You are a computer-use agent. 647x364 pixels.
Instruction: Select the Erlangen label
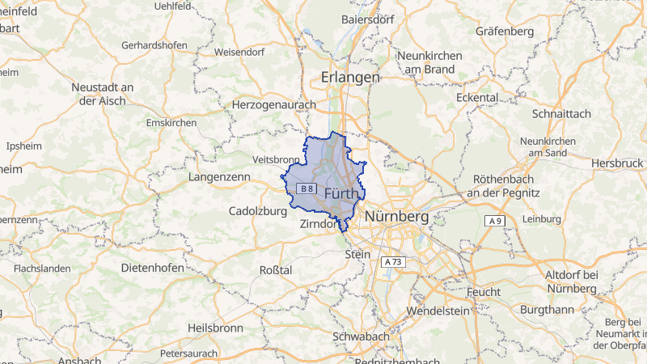point(349,77)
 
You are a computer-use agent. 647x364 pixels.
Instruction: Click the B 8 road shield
point(305,188)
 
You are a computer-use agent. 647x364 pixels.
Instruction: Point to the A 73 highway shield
point(393,262)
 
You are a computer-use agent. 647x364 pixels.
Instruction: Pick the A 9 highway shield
point(495,221)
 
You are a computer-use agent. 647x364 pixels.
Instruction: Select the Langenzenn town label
point(219,176)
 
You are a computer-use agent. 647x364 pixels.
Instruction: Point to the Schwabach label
point(361,336)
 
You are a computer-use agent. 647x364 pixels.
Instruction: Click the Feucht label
point(484,291)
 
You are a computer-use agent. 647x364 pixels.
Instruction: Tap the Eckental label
point(476,97)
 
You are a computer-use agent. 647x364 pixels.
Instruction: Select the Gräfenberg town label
point(505,32)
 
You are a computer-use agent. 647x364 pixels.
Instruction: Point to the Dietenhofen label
point(152,267)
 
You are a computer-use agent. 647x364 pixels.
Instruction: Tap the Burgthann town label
point(548,309)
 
